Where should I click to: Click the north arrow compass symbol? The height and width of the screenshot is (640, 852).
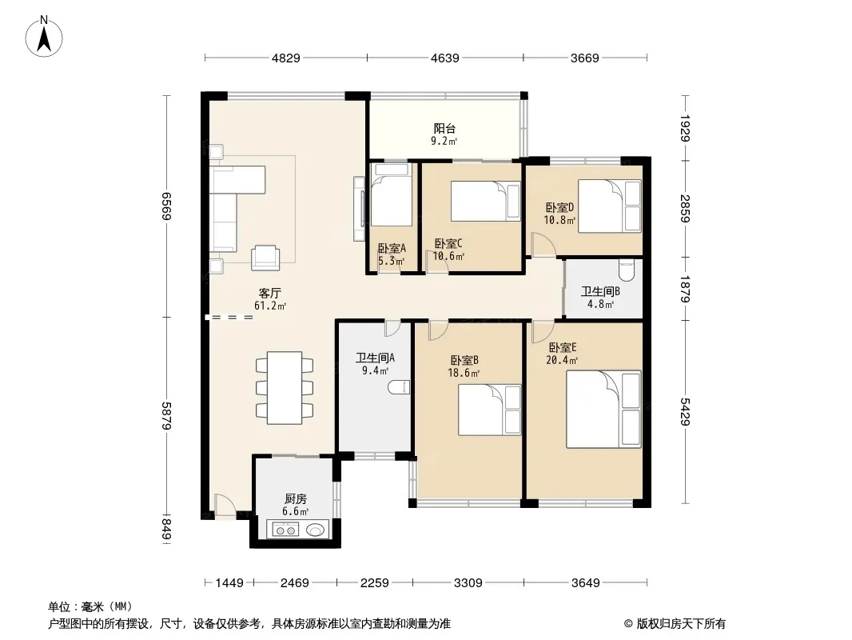click(44, 36)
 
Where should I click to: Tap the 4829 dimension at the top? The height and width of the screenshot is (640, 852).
click(286, 58)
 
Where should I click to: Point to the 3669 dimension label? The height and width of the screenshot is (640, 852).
click(585, 58)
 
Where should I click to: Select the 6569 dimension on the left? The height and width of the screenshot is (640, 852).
click(167, 206)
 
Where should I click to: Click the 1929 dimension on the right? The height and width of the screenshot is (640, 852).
click(685, 128)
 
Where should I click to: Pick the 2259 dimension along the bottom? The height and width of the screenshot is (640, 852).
click(374, 583)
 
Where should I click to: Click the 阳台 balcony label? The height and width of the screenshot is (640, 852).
click(444, 129)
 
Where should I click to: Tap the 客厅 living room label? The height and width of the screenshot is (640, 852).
click(270, 293)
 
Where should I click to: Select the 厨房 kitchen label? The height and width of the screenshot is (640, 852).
click(296, 498)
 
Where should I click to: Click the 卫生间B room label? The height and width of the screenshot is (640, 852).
click(600, 291)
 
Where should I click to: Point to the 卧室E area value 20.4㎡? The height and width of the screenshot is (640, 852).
click(562, 360)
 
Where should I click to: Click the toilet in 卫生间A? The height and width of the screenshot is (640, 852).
click(399, 387)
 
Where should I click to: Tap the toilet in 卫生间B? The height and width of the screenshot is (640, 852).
click(627, 270)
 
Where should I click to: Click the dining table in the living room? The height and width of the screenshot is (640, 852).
click(285, 388)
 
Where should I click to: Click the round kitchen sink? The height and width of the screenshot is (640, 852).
click(316, 529)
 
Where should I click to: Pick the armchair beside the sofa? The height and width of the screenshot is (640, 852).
click(265, 258)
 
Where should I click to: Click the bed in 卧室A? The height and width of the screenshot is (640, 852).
click(391, 194)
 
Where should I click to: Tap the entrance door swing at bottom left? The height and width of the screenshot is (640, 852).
click(225, 505)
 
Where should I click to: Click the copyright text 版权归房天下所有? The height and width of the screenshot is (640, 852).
click(680, 624)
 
